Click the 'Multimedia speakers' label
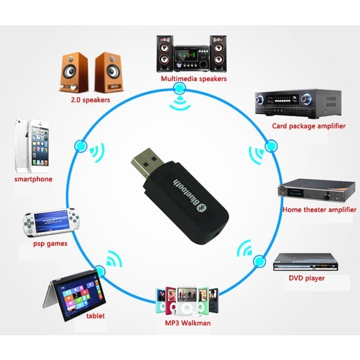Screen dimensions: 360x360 193,79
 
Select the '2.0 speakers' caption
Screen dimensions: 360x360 90,100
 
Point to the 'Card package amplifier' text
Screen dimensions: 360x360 309,126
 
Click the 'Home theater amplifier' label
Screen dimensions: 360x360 319,210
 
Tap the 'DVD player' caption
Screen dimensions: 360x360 306,278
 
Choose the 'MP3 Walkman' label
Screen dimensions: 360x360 188,323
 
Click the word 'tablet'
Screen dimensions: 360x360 95,316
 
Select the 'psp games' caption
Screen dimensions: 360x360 50,243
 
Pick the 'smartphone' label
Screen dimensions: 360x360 33,179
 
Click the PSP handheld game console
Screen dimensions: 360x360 51,222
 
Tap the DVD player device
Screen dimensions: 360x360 306,262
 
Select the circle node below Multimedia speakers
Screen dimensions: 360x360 179,89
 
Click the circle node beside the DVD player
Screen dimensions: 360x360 260,261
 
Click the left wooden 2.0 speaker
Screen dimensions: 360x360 74,72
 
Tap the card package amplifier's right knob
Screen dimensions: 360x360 306,99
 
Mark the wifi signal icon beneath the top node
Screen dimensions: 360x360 180,103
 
